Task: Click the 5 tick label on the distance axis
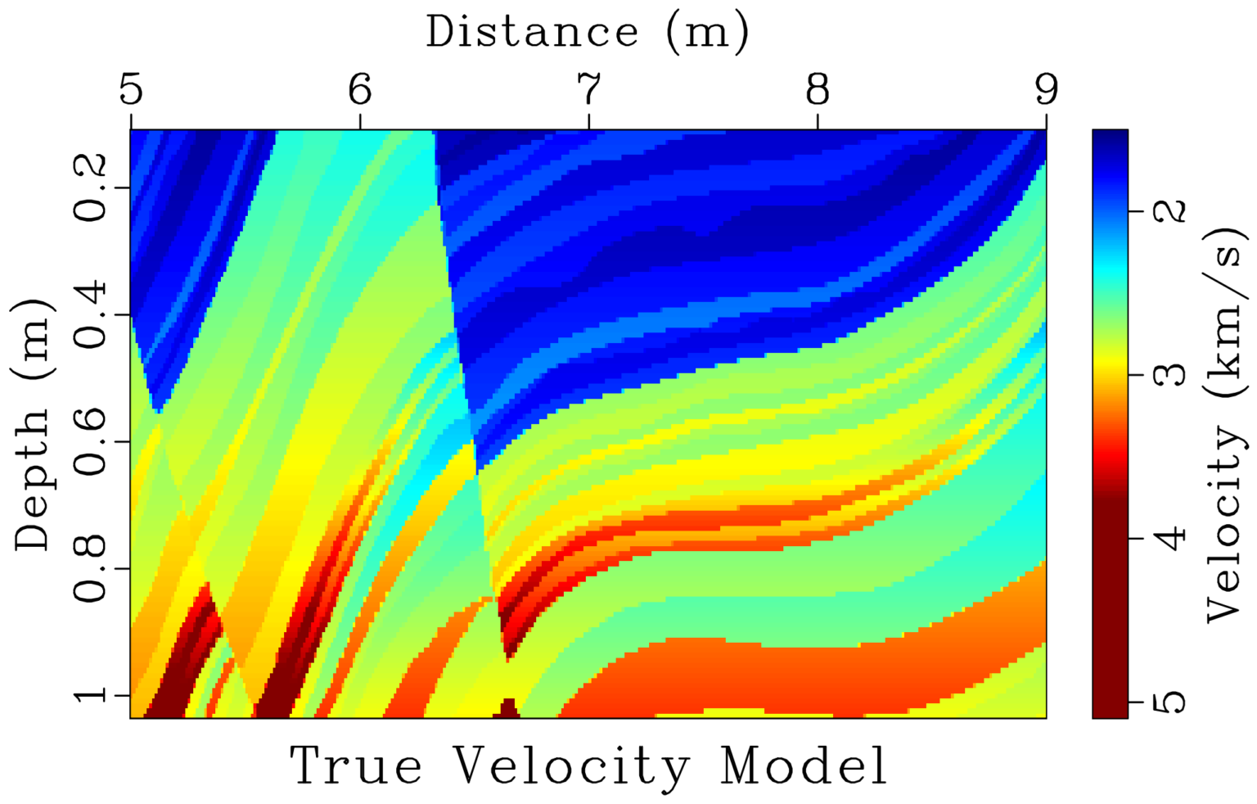(131, 89)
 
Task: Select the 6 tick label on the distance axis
(360, 89)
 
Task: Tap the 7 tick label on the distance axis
(588, 89)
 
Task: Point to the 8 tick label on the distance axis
(818, 89)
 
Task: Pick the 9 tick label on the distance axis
(1046, 89)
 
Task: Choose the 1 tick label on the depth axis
(92, 695)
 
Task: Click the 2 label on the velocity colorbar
(1174, 210)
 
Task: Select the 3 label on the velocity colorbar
(1174, 374)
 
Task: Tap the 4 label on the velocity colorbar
(1174, 538)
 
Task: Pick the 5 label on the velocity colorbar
(1174, 702)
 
